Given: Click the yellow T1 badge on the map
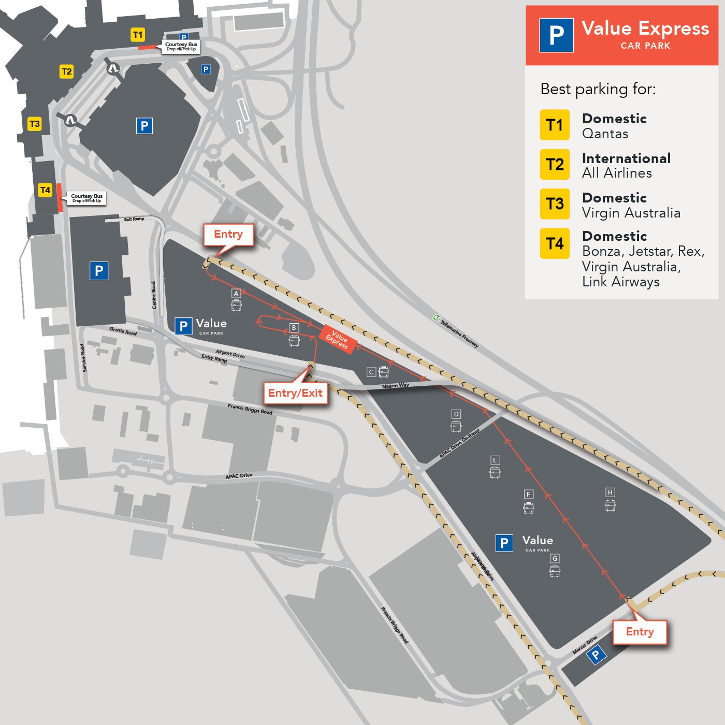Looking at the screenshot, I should pos(138,35).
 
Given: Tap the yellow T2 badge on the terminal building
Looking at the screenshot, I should pos(66,71).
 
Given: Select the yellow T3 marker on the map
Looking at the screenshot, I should pos(34,124).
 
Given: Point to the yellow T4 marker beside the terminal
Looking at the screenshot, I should pos(45,190).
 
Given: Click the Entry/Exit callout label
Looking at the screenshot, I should pos(295,393).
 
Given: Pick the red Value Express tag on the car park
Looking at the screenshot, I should pos(337,339).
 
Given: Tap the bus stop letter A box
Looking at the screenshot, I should pos(236,293).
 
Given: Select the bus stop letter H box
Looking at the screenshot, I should pos(610,492).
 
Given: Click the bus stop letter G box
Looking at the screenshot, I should pos(555,558).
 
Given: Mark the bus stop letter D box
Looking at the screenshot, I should pos(456,414).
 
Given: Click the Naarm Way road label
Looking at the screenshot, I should pos(395,386).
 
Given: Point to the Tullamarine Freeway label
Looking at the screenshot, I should pos(459,332).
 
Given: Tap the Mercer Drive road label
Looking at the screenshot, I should pos(585,644).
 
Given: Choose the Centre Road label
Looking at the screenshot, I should pos(154,295).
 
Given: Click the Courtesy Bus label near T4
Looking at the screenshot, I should pos(86,198).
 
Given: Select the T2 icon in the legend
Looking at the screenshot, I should pos(555,165).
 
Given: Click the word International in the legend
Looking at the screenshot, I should pos(626,158).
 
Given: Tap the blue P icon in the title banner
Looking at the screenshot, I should pos(556,35).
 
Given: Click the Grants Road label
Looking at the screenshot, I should pos(123,331).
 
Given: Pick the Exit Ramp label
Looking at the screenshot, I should pos(134,219).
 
